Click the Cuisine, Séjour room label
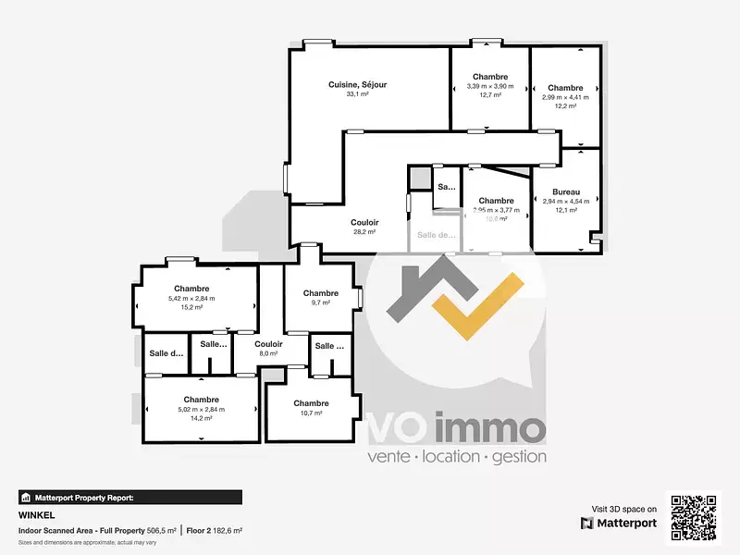[357, 85]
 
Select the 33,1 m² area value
[357, 94]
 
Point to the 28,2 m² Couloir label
[364, 222]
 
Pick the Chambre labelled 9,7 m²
[321, 293]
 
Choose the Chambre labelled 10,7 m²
[311, 403]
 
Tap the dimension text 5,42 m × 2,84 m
[191, 298]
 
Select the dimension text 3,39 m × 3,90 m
[489, 86]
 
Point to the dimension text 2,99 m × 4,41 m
[564, 97]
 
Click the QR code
[694, 519]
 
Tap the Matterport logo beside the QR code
[619, 524]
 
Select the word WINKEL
[33, 516]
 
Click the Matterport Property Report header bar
[130, 497]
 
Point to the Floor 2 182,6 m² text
[214, 530]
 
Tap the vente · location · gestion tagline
[457, 456]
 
